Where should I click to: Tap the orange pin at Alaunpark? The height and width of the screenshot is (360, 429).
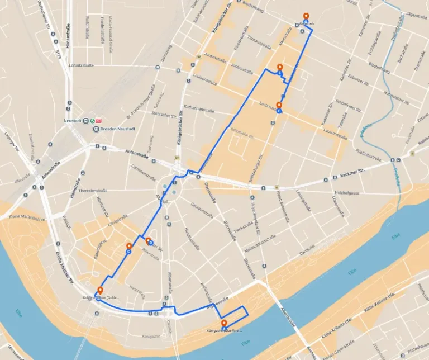[x=306, y=16]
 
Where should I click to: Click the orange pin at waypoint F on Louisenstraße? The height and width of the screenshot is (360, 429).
[x=279, y=105]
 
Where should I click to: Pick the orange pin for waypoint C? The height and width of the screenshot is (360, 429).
[x=129, y=246]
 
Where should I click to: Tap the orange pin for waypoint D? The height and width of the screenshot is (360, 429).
[x=148, y=241]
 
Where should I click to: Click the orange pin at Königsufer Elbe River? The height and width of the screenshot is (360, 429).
[x=224, y=324]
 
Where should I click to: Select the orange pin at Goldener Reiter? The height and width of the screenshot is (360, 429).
[x=100, y=290]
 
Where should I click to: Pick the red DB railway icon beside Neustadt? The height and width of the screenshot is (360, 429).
[x=98, y=120]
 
